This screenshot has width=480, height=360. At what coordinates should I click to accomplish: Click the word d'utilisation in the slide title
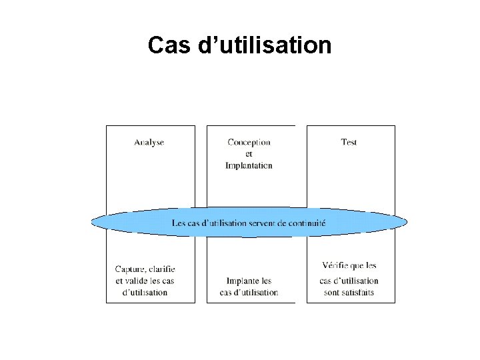(x=265, y=45)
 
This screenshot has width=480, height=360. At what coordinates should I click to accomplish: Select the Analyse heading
(x=149, y=142)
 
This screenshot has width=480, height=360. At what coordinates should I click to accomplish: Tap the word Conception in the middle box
(x=249, y=142)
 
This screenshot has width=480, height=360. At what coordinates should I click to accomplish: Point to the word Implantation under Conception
(x=249, y=165)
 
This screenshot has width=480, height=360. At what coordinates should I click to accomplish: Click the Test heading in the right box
(x=349, y=142)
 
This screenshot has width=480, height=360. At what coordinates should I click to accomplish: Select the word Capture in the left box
(x=129, y=269)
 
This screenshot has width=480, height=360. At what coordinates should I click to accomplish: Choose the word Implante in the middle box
(x=240, y=281)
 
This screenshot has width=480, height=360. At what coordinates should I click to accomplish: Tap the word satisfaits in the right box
(x=358, y=293)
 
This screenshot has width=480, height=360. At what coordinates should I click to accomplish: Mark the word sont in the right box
(x=331, y=293)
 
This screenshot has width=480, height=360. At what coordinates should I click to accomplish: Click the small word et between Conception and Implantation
(x=249, y=154)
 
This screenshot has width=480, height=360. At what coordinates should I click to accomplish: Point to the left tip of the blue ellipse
(x=93, y=222)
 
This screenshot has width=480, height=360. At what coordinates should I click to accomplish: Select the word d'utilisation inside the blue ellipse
(x=223, y=223)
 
